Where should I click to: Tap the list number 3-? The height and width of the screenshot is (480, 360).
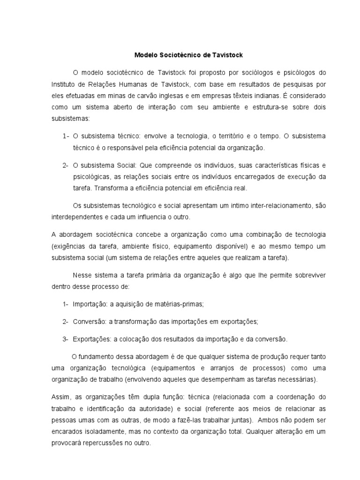click(x=66, y=338)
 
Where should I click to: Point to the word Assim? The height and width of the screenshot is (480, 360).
click(x=60, y=396)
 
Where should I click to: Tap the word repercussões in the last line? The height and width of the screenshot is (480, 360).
click(x=105, y=442)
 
